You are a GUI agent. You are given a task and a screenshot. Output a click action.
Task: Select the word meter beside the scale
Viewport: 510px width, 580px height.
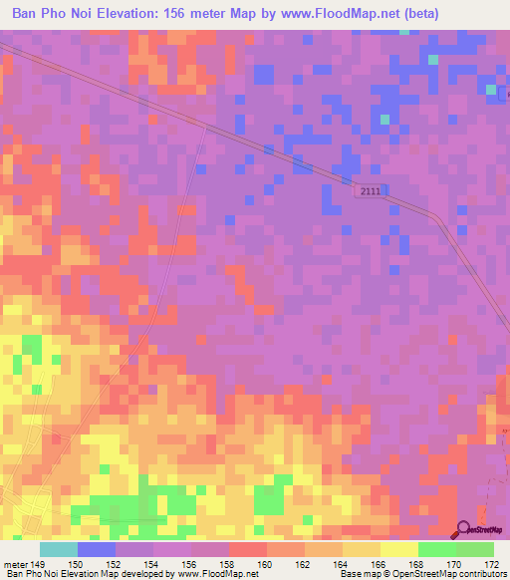15,564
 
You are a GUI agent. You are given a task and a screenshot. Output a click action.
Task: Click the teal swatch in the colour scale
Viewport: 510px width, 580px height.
58,549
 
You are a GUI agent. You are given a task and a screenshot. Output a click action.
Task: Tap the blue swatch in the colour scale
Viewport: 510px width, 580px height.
96,549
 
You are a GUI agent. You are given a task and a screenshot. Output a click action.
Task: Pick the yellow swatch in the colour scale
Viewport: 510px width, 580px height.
398,549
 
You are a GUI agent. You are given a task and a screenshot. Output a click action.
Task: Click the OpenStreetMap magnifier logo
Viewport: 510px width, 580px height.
463,529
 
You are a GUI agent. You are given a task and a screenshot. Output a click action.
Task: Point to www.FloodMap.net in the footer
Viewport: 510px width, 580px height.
210,574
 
